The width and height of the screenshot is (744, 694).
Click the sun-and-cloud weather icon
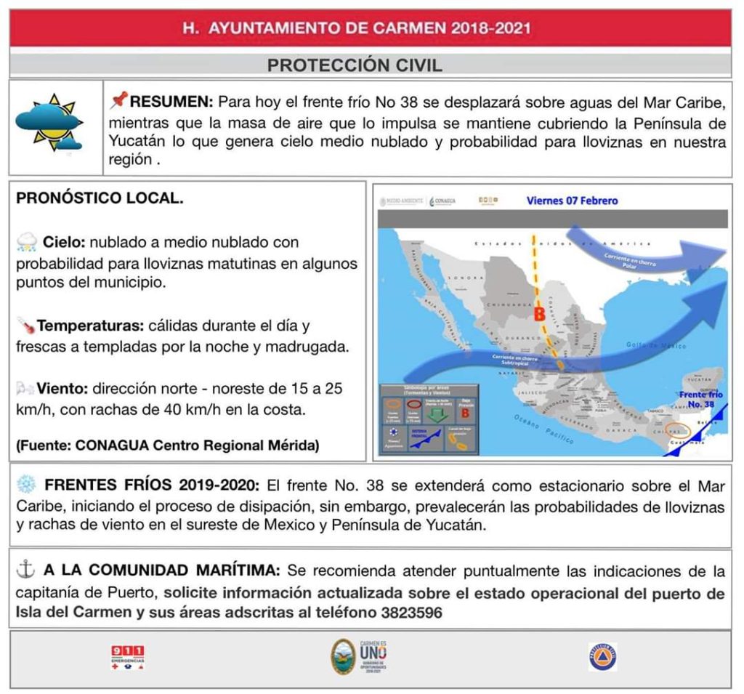[50, 121]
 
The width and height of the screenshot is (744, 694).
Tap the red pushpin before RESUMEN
[119, 100]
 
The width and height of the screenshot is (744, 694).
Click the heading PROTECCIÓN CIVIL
[355, 65]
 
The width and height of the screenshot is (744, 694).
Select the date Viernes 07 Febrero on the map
[573, 200]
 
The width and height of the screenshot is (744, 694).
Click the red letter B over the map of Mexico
[539, 315]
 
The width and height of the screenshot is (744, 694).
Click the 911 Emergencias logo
[127, 657]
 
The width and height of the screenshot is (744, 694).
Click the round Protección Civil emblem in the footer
[602, 656]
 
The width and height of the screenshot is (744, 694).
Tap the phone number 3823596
[411, 612]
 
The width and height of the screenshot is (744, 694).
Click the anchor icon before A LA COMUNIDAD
[25, 571]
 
